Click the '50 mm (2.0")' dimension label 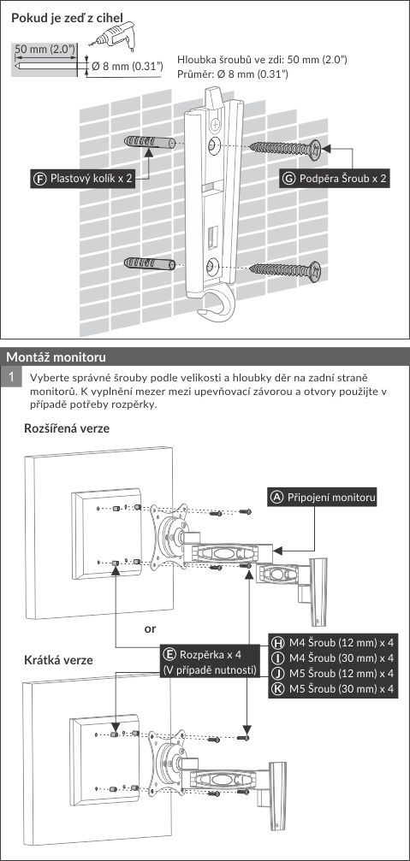(x=45, y=49)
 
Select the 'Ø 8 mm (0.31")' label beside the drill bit (x=127, y=67)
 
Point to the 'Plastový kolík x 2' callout (x=82, y=179)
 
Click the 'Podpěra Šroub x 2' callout (x=335, y=179)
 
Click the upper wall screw (x=286, y=148)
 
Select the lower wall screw (x=286, y=271)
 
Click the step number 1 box (x=10, y=378)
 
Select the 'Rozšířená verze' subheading (x=67, y=429)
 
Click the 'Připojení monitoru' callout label (x=323, y=497)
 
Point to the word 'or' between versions (x=150, y=629)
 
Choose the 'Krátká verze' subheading (x=59, y=659)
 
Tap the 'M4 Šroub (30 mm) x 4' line (x=334, y=658)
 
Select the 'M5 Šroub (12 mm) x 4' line (x=334, y=673)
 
